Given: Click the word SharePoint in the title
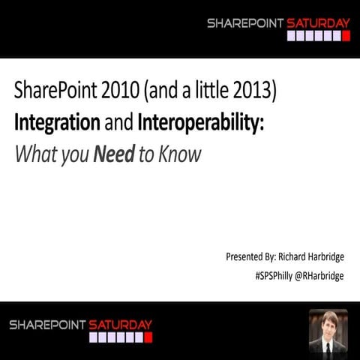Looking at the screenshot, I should pos(52,92).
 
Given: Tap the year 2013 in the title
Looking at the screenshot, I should pos(256,92).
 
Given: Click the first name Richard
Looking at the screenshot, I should pos(290,257).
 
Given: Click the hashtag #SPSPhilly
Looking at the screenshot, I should pos(274,275).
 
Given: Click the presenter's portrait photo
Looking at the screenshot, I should pos(328,331).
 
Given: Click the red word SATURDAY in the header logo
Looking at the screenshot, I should pos(319,23).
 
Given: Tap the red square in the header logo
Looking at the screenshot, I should pos(346,35).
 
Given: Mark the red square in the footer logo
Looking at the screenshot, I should pos(148,337).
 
